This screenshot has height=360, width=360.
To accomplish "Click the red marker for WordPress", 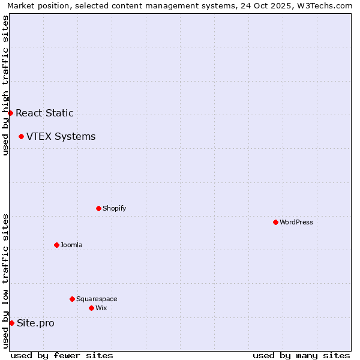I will [275, 222].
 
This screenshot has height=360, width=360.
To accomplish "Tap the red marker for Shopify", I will [98, 208].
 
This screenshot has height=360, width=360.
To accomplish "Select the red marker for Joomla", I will [56, 245].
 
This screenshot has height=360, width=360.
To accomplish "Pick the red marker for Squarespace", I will [72, 299].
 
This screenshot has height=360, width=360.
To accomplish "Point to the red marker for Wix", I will [91, 308].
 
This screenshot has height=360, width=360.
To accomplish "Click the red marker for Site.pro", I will [11, 323].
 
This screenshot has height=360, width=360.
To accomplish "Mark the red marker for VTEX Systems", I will [21, 136].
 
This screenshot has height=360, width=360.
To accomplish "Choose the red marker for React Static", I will [10, 113].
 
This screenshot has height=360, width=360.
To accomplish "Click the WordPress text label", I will [296, 222].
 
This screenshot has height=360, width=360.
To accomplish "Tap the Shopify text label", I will [114, 208].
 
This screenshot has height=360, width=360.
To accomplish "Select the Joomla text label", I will [71, 245].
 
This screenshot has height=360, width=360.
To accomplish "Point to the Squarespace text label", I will [97, 299].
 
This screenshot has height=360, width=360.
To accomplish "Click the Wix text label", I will [101, 308].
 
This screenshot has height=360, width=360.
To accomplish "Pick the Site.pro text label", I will [35, 323].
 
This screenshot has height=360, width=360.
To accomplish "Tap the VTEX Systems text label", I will [61, 136].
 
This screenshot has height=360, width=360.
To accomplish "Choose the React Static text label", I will [44, 113].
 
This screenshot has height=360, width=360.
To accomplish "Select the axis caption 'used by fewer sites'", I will [62, 355].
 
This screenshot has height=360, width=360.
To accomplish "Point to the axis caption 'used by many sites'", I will [301, 355].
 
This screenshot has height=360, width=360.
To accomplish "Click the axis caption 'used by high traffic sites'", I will [5, 85].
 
